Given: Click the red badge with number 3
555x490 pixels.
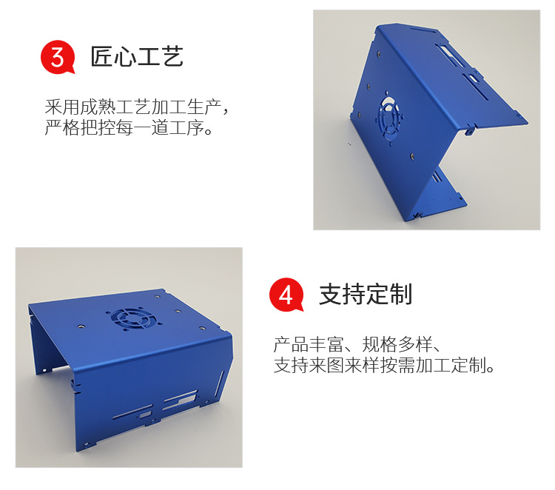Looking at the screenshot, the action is [57, 57].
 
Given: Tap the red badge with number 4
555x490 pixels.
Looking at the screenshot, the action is [286, 295].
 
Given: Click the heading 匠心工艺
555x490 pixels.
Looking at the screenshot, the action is [137, 57].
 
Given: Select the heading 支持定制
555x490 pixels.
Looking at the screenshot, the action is [366, 294].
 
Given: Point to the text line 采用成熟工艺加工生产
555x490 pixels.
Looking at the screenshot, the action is [133, 107].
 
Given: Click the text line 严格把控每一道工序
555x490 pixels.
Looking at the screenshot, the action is [129, 128].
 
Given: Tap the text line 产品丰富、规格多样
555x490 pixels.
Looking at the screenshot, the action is [357, 344].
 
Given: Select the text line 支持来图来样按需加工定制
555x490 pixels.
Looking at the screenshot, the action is [384, 366].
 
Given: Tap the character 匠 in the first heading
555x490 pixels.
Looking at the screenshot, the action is [102, 57].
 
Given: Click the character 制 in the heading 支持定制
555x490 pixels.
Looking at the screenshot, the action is [401, 294].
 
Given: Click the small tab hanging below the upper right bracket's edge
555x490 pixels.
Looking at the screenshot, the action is [469, 130].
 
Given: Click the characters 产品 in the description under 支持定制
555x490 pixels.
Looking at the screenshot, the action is [292, 344].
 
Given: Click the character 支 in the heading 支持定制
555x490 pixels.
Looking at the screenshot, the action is [331, 294].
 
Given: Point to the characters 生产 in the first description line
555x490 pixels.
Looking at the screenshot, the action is [204, 107].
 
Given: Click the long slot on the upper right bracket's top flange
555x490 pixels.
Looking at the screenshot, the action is [423, 29].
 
